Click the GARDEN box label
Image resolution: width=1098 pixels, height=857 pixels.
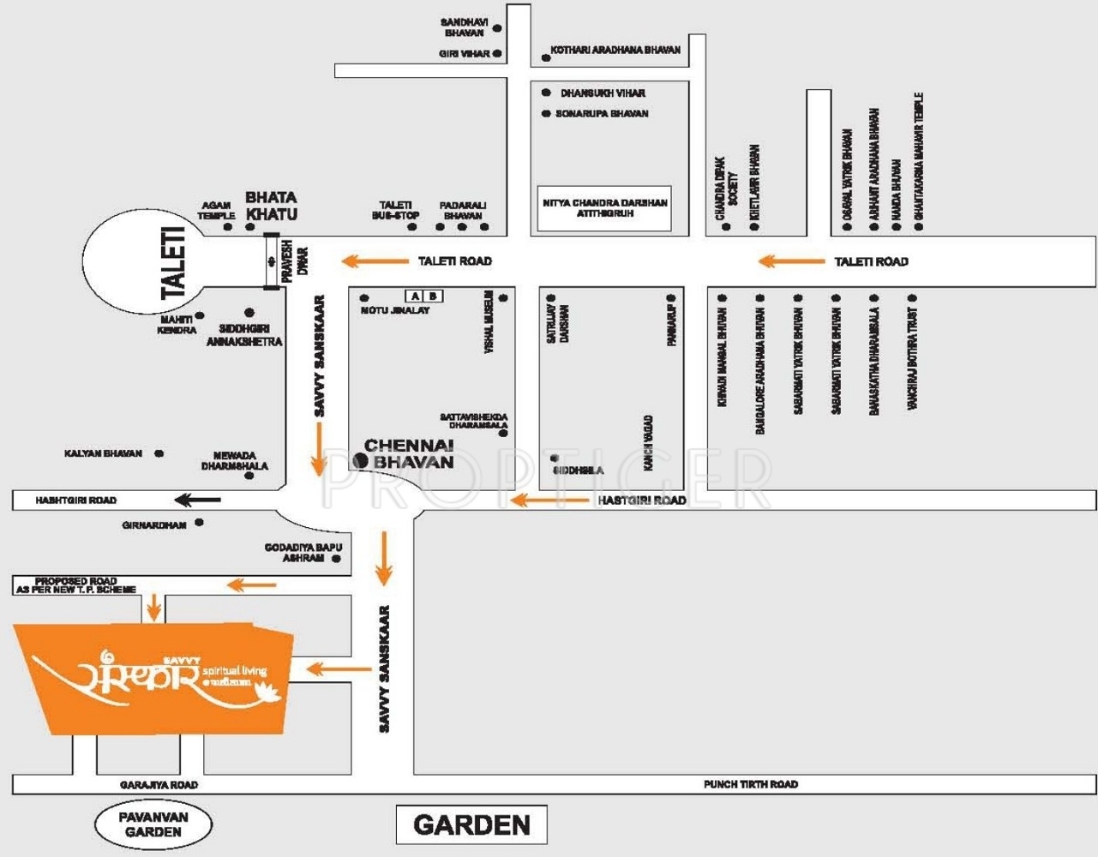(x=471, y=825)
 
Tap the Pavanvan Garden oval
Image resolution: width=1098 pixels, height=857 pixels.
(x=153, y=824)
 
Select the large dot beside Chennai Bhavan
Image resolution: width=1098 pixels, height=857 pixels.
(x=362, y=461)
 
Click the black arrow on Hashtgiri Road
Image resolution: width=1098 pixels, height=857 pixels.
(x=197, y=500)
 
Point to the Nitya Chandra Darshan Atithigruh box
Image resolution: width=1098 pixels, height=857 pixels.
(x=604, y=208)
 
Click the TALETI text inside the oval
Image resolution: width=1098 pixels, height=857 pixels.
(x=174, y=262)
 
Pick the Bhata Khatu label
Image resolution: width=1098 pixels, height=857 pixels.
(x=272, y=206)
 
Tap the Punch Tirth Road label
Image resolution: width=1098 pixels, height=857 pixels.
(x=751, y=784)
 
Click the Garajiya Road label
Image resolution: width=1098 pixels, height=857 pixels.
(x=159, y=785)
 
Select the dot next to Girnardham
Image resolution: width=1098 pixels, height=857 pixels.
(x=200, y=522)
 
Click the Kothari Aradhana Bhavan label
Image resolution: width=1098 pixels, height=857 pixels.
(x=615, y=51)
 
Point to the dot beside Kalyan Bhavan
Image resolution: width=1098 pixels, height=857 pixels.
(x=159, y=453)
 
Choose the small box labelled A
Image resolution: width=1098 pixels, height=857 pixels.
(x=416, y=297)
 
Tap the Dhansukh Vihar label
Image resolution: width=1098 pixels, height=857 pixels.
(x=603, y=93)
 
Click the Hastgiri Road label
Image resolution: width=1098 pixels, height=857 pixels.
(x=642, y=500)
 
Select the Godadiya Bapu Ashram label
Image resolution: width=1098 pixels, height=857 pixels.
(x=303, y=553)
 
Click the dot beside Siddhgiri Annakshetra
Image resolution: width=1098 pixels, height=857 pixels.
(x=249, y=313)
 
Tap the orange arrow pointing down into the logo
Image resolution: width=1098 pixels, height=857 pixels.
(x=153, y=606)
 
